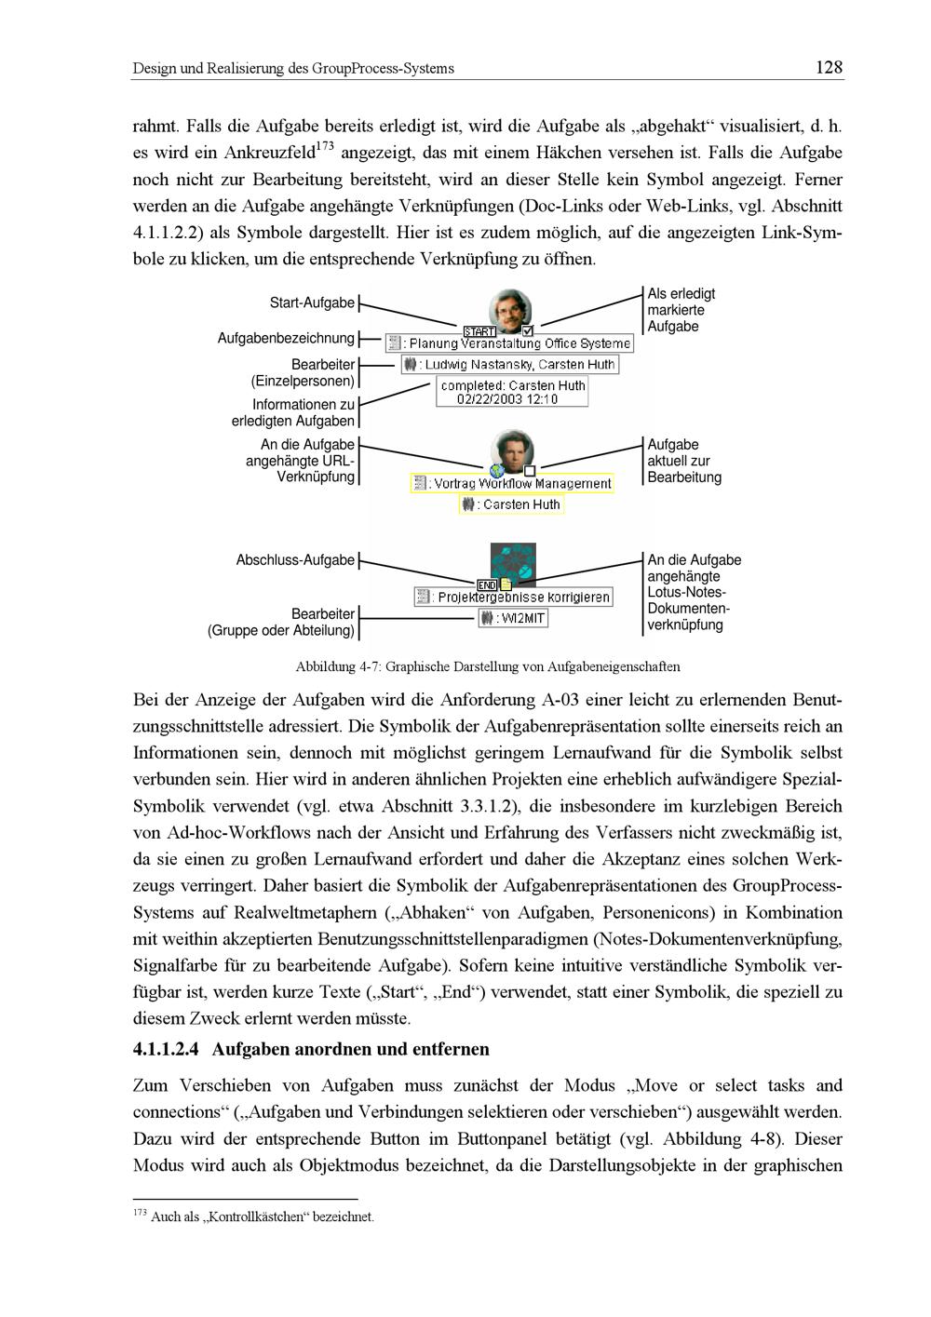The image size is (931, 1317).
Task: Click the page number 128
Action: tap(828, 67)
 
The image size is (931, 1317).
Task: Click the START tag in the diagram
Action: tap(479, 331)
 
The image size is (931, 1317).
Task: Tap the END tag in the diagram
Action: tap(487, 585)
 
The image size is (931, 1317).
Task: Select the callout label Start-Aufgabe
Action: tap(312, 303)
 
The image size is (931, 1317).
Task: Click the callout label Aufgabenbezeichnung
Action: tap(286, 338)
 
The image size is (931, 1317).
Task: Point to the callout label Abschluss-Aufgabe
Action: tap(295, 560)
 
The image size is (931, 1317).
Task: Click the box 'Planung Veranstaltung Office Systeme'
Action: tap(509, 343)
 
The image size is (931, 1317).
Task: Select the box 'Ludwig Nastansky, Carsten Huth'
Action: tap(510, 365)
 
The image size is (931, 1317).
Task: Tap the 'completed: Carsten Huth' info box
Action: tap(512, 392)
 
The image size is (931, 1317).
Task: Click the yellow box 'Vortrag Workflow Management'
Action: tap(513, 483)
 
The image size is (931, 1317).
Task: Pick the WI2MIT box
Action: tap(513, 618)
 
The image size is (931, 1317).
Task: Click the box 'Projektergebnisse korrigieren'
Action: tap(514, 597)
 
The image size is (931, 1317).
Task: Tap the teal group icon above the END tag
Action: tap(513, 562)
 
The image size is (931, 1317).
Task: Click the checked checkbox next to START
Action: tap(528, 330)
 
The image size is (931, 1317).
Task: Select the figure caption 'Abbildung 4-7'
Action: tap(487, 666)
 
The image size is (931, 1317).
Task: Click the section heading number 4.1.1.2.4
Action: tap(166, 1050)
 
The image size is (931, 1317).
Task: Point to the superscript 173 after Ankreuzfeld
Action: tap(325, 146)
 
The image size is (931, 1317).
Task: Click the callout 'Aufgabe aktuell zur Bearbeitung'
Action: tap(684, 462)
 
